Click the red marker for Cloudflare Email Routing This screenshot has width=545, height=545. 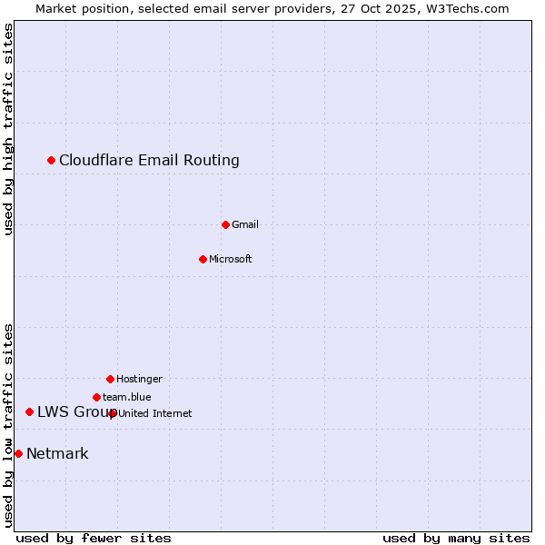click(52, 161)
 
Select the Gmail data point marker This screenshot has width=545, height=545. click(225, 224)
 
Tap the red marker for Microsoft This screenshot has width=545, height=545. click(203, 259)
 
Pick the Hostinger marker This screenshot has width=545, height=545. click(110, 379)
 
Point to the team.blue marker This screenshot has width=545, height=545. click(96, 397)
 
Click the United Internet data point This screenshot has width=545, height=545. click(113, 413)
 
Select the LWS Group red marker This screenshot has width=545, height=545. click(30, 412)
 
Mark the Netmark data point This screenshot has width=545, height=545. click(19, 453)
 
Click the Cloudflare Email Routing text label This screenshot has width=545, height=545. click(149, 161)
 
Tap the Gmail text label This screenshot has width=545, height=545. click(245, 224)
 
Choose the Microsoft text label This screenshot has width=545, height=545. click(230, 259)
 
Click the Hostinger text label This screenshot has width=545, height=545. click(139, 379)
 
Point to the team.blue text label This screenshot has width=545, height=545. click(127, 397)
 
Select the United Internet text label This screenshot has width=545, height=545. click(155, 413)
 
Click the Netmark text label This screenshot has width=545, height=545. click(57, 454)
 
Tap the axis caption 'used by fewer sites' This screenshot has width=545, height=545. click(94, 538)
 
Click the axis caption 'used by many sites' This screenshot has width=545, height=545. click(456, 538)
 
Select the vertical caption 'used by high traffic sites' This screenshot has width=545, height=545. click(9, 129)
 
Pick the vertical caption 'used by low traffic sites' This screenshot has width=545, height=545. click(9, 425)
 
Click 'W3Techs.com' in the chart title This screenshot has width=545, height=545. click(470, 8)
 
